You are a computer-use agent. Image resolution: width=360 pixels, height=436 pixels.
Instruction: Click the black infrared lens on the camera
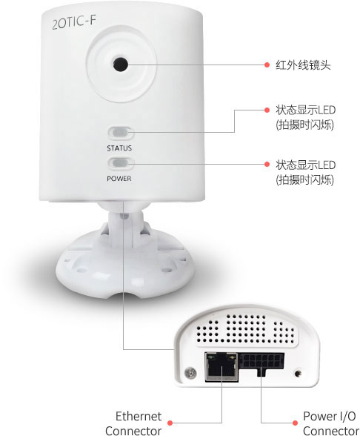[x=121, y=65]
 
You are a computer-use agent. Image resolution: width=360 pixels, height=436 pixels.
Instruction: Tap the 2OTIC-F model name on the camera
[x=74, y=22]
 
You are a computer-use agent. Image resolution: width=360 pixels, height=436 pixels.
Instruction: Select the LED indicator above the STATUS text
[x=120, y=133]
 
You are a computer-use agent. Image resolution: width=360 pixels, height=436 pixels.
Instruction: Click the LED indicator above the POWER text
[x=120, y=163]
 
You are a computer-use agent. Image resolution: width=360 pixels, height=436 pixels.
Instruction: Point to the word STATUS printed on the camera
[x=119, y=148]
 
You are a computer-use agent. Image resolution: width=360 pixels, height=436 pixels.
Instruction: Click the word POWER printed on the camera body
[x=119, y=179]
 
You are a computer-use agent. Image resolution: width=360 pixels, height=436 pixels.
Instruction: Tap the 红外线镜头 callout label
[x=303, y=65]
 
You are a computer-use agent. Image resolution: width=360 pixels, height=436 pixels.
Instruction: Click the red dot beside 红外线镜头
[x=267, y=65]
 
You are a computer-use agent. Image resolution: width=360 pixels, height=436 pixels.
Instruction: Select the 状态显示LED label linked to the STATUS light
[x=305, y=110]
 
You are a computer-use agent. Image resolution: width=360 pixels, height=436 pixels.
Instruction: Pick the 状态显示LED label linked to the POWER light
[x=305, y=165]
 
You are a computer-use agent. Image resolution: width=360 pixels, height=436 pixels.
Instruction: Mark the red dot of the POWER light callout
[x=267, y=164]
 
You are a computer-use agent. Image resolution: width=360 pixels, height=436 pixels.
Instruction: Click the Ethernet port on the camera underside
[x=221, y=367]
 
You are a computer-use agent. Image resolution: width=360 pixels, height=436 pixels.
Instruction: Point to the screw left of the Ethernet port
[x=190, y=372]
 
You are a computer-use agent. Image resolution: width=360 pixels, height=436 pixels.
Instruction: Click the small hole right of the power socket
[x=298, y=373]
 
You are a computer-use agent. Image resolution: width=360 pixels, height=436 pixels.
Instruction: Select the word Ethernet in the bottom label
[x=139, y=416]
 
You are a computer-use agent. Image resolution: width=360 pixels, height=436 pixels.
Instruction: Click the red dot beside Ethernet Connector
[x=170, y=423]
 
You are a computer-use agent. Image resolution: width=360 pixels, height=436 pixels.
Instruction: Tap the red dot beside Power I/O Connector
[x=295, y=423]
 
